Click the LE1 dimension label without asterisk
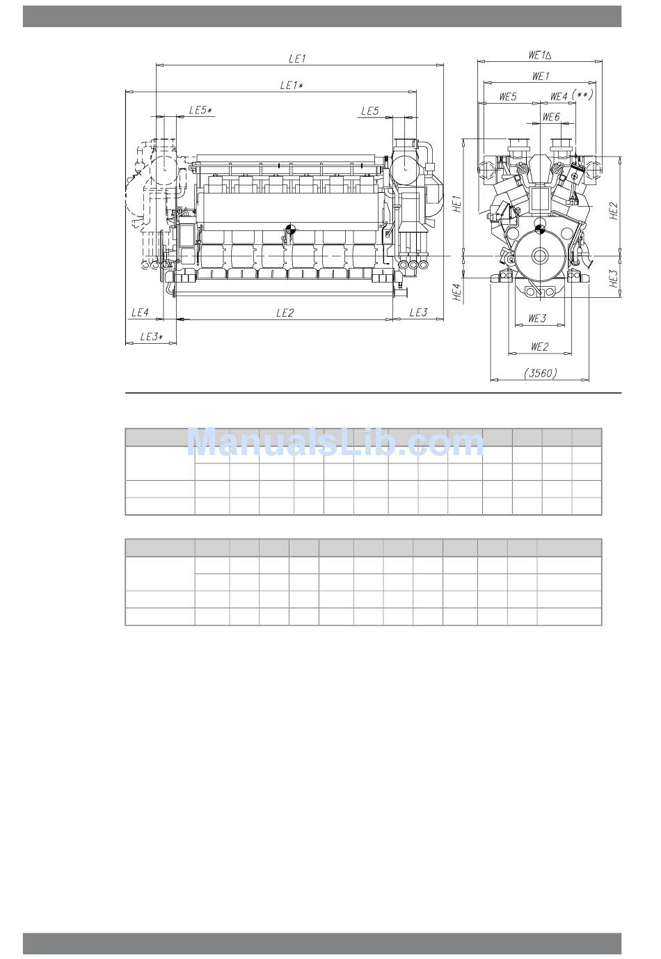click(x=297, y=58)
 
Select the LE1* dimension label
click(x=291, y=85)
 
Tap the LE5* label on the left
click(x=200, y=110)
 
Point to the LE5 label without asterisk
click(x=370, y=111)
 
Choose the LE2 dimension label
click(x=285, y=312)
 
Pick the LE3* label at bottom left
click(x=151, y=337)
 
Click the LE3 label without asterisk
click(x=418, y=312)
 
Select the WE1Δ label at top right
click(x=539, y=55)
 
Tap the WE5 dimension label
click(x=508, y=96)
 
